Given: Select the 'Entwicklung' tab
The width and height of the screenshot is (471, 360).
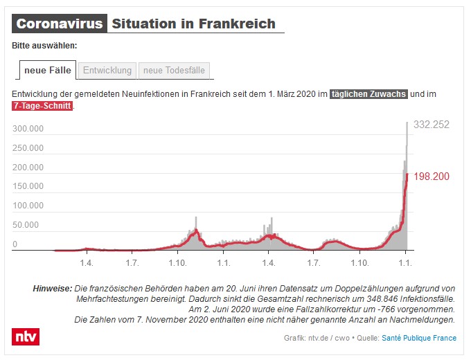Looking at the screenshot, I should click(x=107, y=70).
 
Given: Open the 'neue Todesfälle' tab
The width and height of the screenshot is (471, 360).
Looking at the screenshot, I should click(x=174, y=70).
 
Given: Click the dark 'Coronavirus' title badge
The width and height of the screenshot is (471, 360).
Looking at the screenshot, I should click(x=60, y=24).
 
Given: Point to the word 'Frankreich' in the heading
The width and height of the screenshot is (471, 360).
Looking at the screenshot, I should click(x=238, y=24).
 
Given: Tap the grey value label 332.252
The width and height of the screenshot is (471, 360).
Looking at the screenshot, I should click(x=432, y=125).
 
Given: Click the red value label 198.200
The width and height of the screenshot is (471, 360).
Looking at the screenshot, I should click(x=432, y=177).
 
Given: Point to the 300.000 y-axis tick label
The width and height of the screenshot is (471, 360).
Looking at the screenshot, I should click(x=28, y=129).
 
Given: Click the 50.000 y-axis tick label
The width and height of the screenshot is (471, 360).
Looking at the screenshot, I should click(x=26, y=225).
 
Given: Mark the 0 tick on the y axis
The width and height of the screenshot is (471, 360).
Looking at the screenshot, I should click(x=15, y=244).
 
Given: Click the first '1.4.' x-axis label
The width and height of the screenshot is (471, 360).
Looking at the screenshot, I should click(x=87, y=263).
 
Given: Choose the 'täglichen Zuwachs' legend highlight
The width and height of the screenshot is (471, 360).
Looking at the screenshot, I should click(x=368, y=93).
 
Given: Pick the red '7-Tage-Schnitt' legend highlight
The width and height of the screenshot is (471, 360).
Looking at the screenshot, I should click(x=42, y=106).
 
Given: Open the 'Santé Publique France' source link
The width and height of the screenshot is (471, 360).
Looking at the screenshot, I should click(x=420, y=338).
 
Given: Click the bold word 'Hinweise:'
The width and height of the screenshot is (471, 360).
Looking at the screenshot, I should click(x=52, y=288).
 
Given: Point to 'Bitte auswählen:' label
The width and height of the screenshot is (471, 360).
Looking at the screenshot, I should click(x=44, y=46).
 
